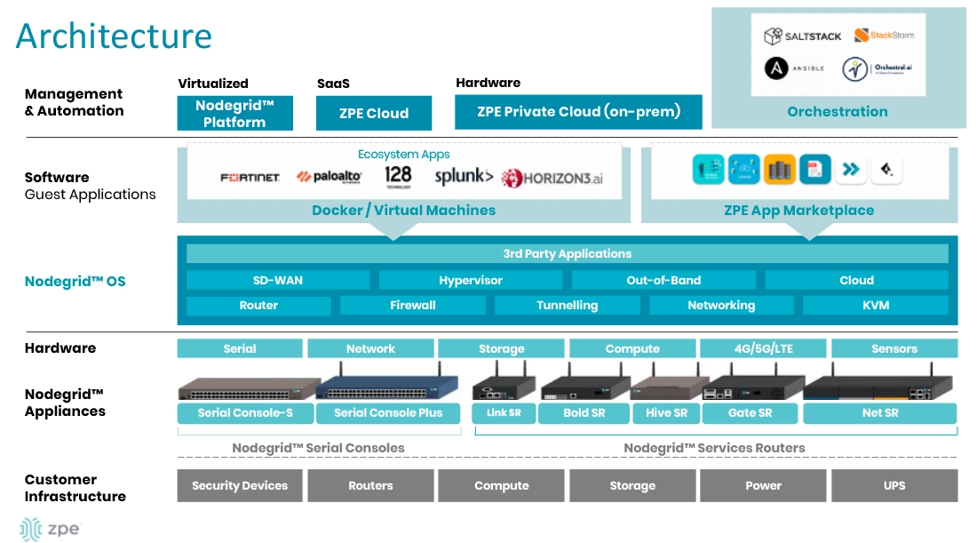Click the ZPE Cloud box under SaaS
(x=374, y=113)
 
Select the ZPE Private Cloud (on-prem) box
(x=578, y=112)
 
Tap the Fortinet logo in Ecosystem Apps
(x=250, y=178)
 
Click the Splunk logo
(x=464, y=177)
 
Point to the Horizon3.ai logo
(x=552, y=178)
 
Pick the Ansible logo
(x=795, y=68)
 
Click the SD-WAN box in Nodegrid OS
(x=277, y=280)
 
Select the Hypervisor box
(x=471, y=280)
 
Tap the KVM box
(x=876, y=305)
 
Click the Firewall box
(x=413, y=305)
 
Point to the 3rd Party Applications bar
(x=567, y=253)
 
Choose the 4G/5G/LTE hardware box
(x=763, y=348)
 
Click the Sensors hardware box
(x=894, y=348)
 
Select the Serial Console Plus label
(x=388, y=412)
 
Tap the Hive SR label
(x=666, y=412)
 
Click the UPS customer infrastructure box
(x=894, y=485)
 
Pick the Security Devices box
(x=240, y=485)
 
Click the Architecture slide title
(x=114, y=36)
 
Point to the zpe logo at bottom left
(x=50, y=528)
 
